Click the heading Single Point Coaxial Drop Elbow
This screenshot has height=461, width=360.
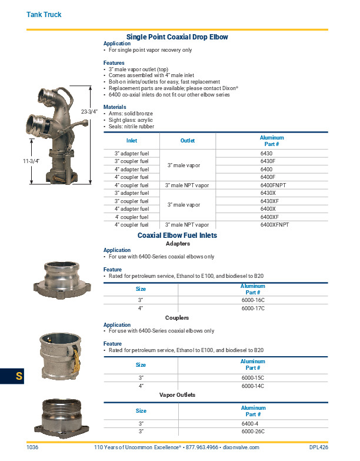177,37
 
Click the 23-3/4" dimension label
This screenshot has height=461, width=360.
89,111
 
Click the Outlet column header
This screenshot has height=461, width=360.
188,141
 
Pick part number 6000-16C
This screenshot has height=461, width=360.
253,300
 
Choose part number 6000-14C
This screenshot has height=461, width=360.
253,386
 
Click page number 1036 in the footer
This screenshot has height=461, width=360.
32,447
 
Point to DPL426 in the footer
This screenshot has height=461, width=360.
318,447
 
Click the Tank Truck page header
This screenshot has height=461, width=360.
44,14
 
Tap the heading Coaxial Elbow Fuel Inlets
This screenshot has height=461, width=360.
177,235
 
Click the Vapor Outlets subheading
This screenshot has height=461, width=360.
177,394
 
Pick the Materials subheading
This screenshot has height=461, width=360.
115,107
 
